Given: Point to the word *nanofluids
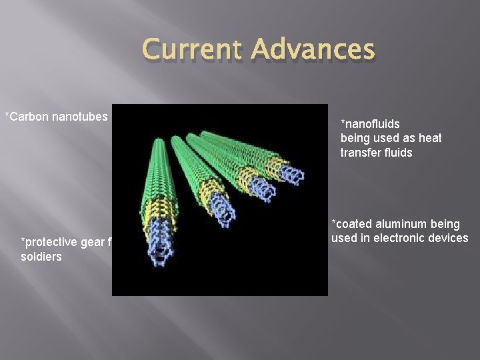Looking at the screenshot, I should [370, 123].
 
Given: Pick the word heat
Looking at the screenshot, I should [430, 138].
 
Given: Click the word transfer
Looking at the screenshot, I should [360, 152].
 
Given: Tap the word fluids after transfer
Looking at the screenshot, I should [397, 152].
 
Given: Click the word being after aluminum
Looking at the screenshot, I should [445, 225].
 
